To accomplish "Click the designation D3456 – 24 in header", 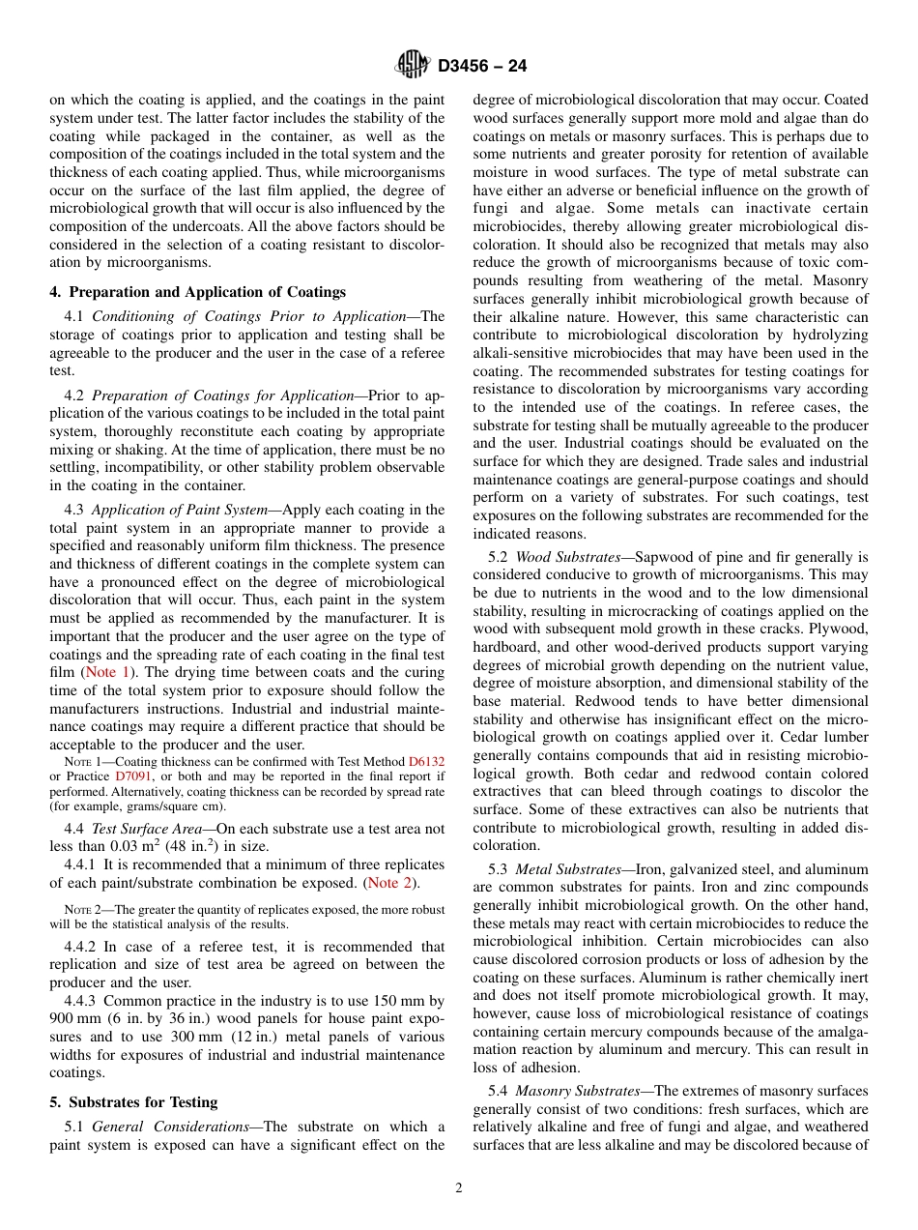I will tap(482, 66).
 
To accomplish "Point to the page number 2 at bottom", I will tap(459, 1188).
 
